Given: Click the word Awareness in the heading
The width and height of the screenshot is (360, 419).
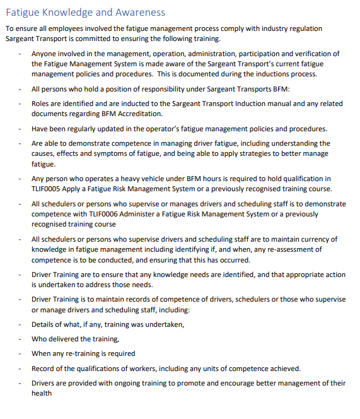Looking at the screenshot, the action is point(141,12).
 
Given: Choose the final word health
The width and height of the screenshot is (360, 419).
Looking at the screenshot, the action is point(42,393).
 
